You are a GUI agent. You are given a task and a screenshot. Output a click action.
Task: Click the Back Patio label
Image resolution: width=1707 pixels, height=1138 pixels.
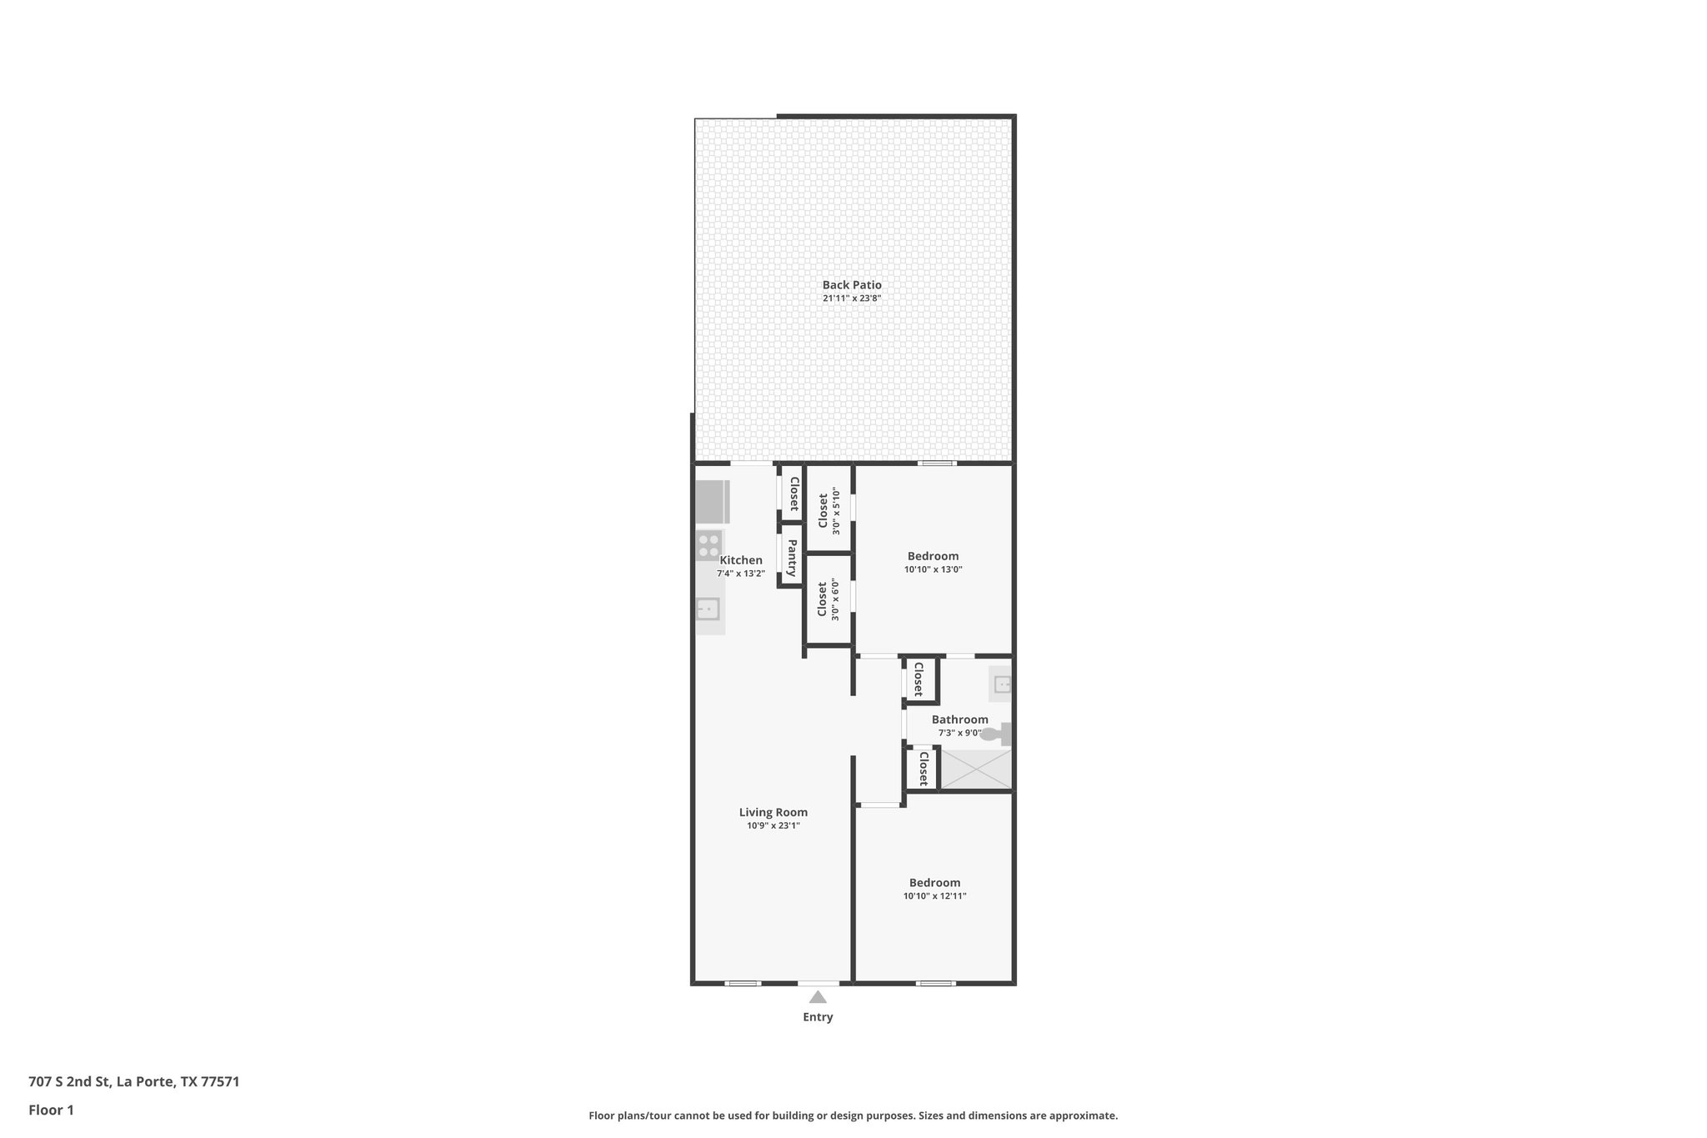[x=851, y=285]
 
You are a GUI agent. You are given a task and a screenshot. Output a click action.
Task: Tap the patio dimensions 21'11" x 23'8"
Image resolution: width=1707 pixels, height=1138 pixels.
[x=851, y=298]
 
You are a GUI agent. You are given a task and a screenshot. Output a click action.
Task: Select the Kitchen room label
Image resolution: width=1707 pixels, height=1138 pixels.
[x=740, y=560]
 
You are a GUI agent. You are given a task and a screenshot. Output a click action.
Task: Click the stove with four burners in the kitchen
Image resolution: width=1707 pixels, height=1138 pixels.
[x=708, y=546]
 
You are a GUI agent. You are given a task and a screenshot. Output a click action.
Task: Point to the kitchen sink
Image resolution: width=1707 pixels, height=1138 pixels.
[x=708, y=609]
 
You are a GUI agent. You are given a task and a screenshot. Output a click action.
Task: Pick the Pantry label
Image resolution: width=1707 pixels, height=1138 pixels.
[x=791, y=558]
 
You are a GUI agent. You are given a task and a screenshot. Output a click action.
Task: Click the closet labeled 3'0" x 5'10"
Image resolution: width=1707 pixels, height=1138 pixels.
[x=828, y=510]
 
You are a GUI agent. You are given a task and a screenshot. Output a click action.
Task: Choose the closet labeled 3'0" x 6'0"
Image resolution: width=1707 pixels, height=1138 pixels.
[x=828, y=599]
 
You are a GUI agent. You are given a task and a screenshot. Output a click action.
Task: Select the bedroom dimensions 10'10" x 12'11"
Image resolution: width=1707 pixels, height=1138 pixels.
[x=934, y=896]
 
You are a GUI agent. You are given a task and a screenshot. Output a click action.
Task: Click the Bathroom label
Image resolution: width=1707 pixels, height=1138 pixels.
[x=959, y=719]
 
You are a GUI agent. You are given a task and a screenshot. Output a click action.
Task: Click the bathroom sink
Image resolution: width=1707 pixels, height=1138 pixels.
[x=1002, y=684]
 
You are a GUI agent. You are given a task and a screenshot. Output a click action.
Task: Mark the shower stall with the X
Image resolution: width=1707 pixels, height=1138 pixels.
[x=975, y=769]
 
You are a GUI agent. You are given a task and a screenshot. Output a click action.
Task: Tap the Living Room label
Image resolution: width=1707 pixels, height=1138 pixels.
[x=773, y=812]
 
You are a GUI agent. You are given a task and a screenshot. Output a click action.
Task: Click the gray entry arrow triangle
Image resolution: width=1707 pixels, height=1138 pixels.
[x=818, y=997]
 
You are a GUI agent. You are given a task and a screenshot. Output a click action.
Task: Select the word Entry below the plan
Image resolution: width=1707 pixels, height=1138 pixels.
[x=818, y=1017]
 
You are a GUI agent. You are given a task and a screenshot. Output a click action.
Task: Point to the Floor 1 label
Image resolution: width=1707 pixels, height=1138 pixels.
[x=51, y=1110]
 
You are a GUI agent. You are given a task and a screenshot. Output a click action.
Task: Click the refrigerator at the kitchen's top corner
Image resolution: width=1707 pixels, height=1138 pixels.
[x=711, y=502]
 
